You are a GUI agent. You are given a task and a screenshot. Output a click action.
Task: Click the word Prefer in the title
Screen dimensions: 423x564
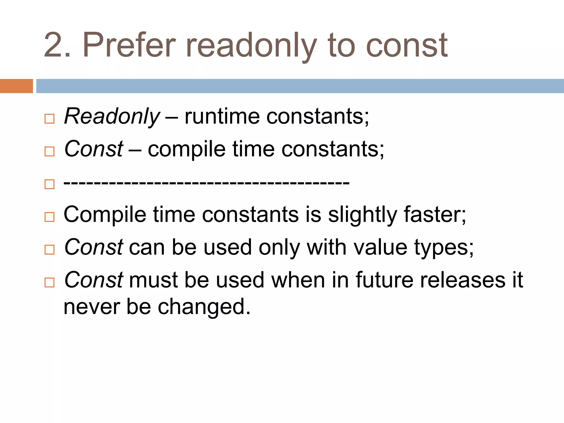pos(129,45)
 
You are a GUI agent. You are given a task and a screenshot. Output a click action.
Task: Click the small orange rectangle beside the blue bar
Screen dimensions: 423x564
pos(16,86)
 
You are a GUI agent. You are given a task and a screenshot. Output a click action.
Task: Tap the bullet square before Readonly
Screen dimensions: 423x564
pos(50,119)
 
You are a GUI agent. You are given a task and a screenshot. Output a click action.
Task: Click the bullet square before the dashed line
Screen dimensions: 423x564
pos(50,184)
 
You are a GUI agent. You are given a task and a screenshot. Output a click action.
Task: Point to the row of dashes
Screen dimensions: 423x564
pos(207,182)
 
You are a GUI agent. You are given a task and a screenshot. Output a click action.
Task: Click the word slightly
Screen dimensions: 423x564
pos(362,215)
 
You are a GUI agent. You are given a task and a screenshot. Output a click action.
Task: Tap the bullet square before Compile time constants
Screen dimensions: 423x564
pos(50,217)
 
